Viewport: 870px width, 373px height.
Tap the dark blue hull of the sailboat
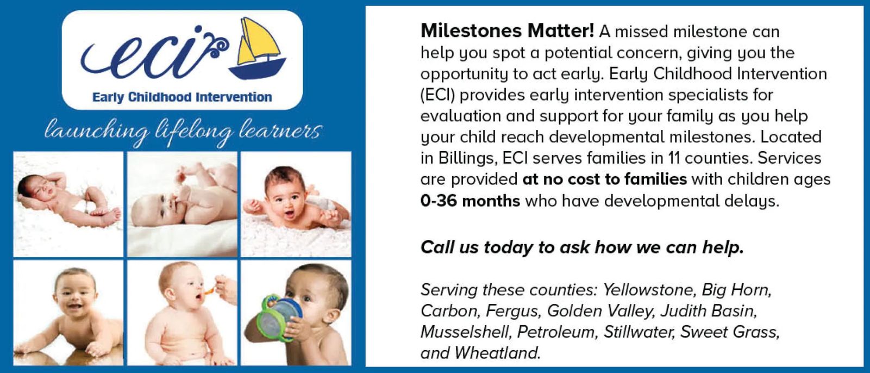(x=257, y=69)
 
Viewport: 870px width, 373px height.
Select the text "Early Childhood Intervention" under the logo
(x=182, y=97)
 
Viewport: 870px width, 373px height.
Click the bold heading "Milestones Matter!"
(x=507, y=30)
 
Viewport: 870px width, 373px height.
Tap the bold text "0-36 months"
(x=470, y=201)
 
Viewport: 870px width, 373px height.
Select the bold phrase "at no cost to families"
(x=605, y=179)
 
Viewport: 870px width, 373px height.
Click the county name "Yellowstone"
(x=648, y=290)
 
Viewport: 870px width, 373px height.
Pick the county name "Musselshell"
(x=466, y=332)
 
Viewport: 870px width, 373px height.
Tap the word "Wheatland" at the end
(x=497, y=353)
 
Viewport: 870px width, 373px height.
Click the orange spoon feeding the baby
(x=210, y=290)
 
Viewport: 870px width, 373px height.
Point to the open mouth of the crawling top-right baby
(x=289, y=214)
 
